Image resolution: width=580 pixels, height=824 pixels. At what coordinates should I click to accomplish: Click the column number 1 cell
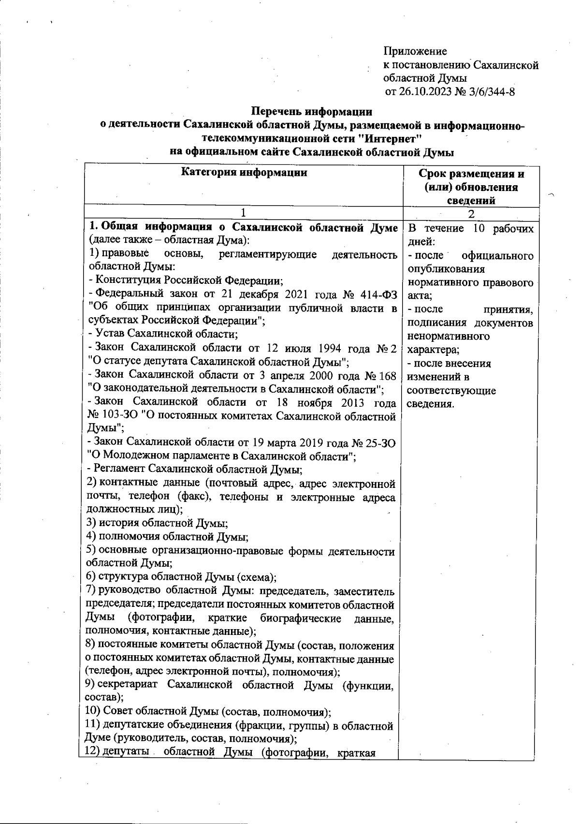pyautogui.click(x=244, y=213)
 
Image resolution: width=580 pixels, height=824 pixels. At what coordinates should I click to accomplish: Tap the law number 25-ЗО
pyautogui.click(x=379, y=442)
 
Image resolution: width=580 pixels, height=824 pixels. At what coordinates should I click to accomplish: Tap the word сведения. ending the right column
pyautogui.click(x=431, y=404)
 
